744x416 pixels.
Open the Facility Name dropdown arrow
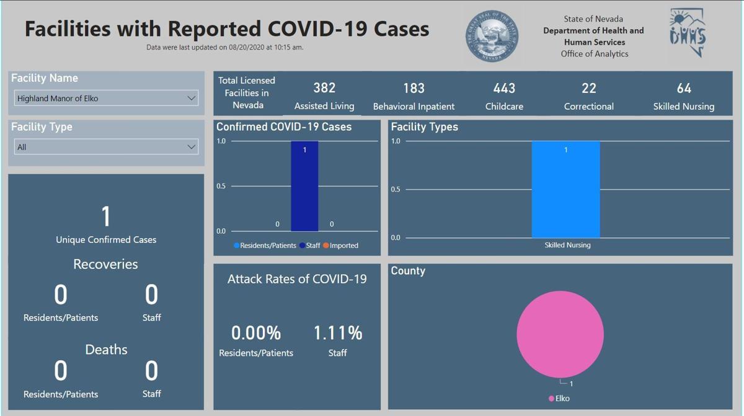click(191, 98)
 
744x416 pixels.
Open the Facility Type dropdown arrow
click(191, 147)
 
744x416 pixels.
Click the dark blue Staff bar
click(304, 186)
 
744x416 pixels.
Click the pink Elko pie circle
click(560, 334)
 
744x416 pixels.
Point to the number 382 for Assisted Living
click(324, 89)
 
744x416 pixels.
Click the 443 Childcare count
click(504, 89)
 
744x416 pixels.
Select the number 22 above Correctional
click(589, 89)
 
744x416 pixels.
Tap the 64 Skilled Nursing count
click(684, 89)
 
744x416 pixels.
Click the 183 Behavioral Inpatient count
click(414, 89)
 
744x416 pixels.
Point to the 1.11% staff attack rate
click(337, 333)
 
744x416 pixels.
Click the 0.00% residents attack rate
click(256, 333)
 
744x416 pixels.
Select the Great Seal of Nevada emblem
click(492, 36)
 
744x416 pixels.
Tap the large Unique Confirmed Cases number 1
click(106, 216)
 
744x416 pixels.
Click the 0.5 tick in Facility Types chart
click(396, 190)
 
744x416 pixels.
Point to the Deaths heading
click(106, 350)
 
